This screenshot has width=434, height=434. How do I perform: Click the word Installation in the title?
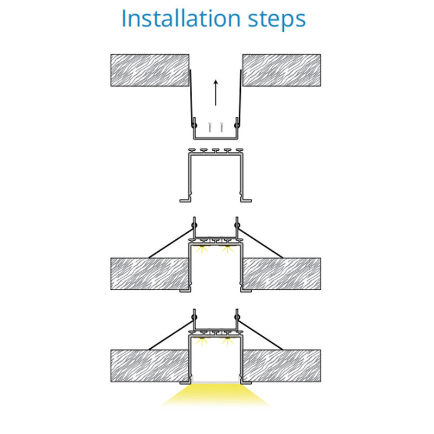click(181, 18)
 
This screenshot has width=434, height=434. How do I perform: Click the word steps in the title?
click(277, 20)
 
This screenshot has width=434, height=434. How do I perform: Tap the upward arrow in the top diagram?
click(215, 93)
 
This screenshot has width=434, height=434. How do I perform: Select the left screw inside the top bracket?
click(210, 127)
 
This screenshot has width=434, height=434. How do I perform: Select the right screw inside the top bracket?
click(221, 127)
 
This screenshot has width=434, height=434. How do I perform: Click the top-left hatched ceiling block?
click(150, 71)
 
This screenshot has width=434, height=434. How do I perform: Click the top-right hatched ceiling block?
click(282, 71)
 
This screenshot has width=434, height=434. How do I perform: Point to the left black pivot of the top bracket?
click(194, 125)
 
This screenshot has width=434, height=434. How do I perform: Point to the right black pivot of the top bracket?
click(237, 125)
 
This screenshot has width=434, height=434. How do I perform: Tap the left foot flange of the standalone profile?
click(185, 200)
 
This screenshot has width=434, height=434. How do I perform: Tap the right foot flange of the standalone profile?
click(246, 200)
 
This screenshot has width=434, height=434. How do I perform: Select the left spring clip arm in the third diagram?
click(171, 243)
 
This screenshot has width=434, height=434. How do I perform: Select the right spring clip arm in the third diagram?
click(260, 243)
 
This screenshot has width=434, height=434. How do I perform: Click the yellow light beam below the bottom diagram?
click(215, 395)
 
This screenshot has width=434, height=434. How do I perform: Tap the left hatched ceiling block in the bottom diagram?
click(150, 366)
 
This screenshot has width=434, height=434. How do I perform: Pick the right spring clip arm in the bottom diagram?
click(260, 335)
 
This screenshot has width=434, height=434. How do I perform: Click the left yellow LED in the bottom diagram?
click(202, 341)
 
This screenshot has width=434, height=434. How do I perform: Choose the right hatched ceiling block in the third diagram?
click(282, 274)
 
